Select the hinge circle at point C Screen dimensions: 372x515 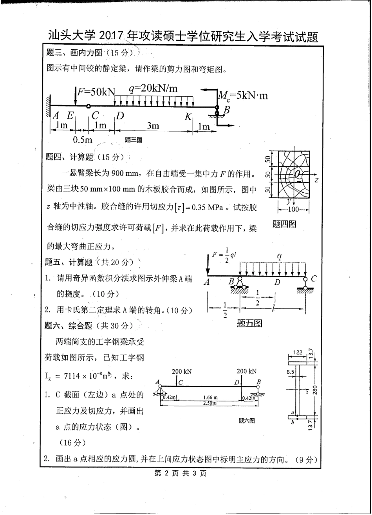click(x=88, y=106)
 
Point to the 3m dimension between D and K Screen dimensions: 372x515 click(x=153, y=125)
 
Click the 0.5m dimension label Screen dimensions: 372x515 click(x=83, y=140)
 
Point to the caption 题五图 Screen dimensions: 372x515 click(x=250, y=323)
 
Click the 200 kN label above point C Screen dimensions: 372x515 click(x=182, y=371)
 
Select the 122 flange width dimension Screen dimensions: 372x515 click(x=298, y=353)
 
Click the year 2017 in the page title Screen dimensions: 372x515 click(x=111, y=37)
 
